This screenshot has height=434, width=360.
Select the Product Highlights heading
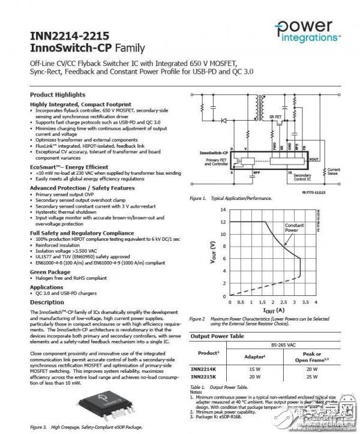coord(58,95)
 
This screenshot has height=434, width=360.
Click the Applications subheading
coord(47,288)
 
